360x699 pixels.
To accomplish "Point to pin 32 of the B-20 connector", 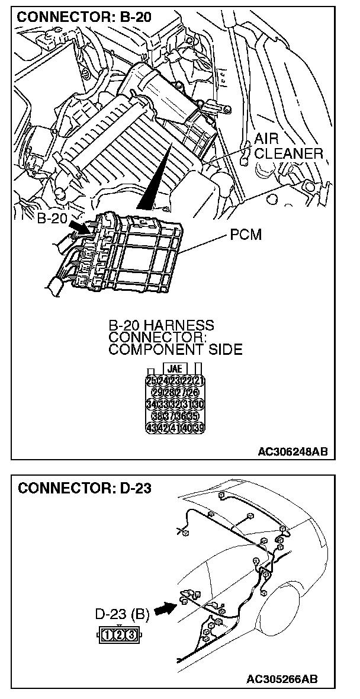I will click(x=175, y=404).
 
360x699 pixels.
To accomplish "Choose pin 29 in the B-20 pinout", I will click(x=158, y=392).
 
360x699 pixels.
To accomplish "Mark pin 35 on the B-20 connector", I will click(x=192, y=416).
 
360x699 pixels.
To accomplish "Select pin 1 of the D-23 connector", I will click(x=108, y=635).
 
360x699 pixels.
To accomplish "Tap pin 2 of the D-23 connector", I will click(x=119, y=635).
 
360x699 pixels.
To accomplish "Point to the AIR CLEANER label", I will click(x=288, y=146).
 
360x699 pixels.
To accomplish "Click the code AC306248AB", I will click(x=292, y=452).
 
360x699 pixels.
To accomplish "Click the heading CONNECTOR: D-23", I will click(x=85, y=489).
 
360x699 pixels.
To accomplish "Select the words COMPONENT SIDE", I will click(x=175, y=349).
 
